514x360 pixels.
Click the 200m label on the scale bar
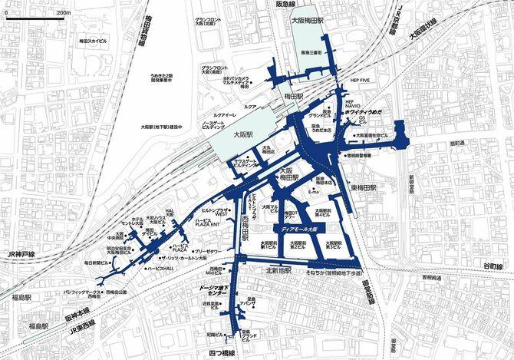pyautogui.click(x=64, y=13)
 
